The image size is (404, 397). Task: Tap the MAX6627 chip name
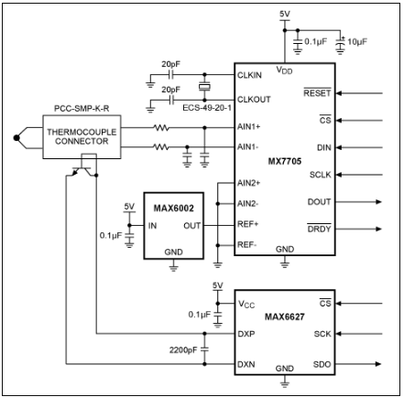click(284, 317)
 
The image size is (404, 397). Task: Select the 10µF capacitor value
click(353, 42)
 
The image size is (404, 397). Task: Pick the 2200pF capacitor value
click(184, 349)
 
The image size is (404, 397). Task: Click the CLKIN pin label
click(249, 73)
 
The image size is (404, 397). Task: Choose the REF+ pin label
click(248, 224)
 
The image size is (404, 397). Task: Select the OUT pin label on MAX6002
click(191, 225)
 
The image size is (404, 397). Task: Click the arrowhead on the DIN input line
click(344, 147)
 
